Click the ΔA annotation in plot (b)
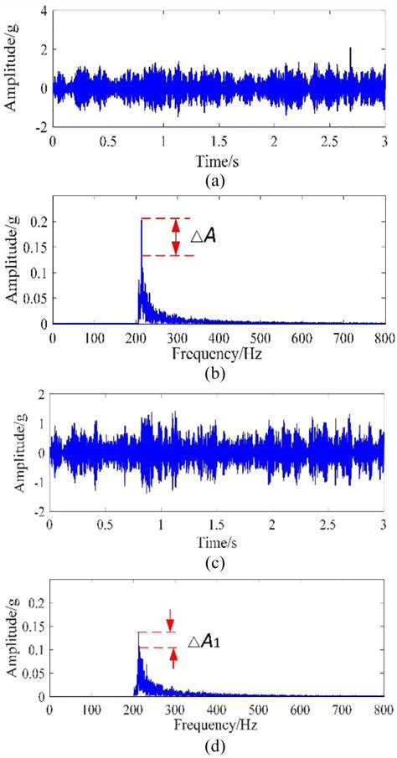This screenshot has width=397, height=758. click(x=204, y=238)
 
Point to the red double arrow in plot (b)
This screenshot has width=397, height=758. click(x=175, y=237)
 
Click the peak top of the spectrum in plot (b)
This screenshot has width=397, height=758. click(x=141, y=219)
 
